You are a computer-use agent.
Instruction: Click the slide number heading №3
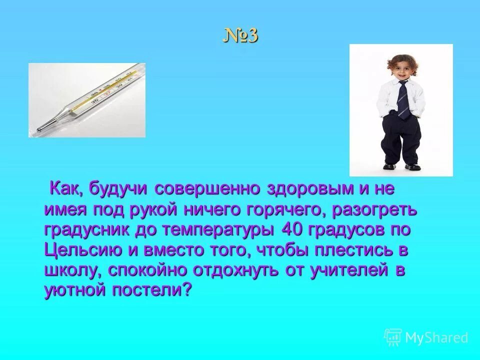point(240,36)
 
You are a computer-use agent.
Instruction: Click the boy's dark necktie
point(403,99)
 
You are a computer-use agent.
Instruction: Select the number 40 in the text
point(293,230)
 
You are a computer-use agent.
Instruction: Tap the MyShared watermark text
point(436,337)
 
